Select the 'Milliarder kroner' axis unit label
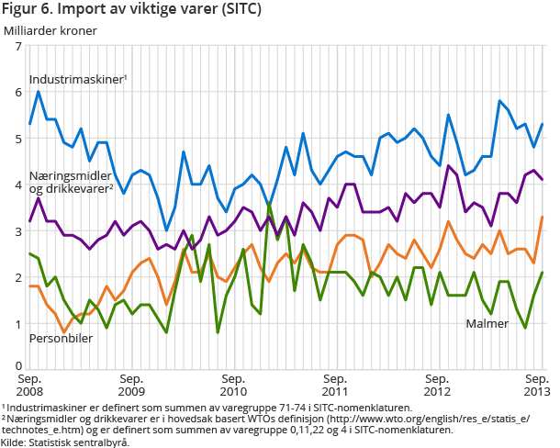tap(50, 29)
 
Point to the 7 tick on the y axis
tap(18, 47)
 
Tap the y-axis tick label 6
tap(18, 93)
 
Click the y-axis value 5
tap(18, 139)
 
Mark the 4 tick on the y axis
tap(18, 185)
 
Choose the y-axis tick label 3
tap(18, 231)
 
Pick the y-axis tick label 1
tap(18, 323)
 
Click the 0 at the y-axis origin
tap(18, 366)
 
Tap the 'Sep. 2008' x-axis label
tap(29, 385)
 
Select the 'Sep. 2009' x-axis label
tap(131, 385)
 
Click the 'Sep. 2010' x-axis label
tap(233, 385)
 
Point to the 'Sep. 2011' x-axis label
tap(336, 385)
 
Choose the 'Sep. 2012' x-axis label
tap(438, 385)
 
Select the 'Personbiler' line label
tap(60, 339)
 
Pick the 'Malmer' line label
tap(487, 324)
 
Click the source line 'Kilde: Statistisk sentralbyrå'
tap(65, 442)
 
